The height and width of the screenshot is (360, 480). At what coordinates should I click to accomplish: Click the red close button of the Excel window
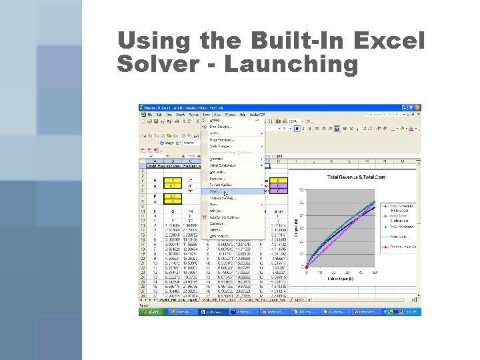[417, 107]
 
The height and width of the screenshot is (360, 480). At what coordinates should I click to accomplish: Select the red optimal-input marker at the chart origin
[306, 267]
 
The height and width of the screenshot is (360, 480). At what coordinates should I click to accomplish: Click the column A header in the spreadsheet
[154, 161]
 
